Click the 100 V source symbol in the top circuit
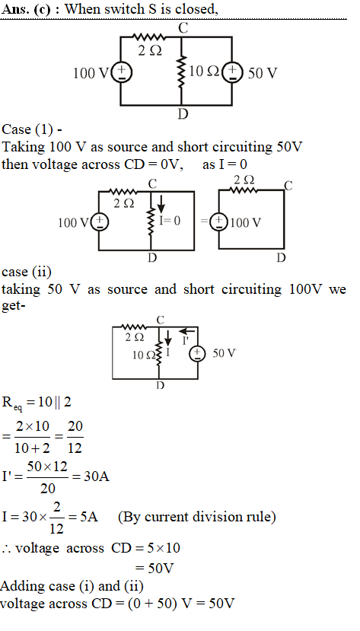tap(120, 73)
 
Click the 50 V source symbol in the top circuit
tap(232, 73)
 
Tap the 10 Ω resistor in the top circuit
tap(182, 72)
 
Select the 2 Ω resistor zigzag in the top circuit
tap(149, 37)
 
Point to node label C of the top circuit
tap(183, 28)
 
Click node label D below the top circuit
tap(183, 115)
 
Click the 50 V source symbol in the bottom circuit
tap(197, 353)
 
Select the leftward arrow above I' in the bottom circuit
tap(187, 331)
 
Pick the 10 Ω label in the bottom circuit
tap(144, 355)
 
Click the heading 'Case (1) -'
tap(32, 129)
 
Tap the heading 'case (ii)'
tap(27, 272)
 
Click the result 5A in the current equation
tap(89, 517)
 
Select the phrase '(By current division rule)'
tap(197, 517)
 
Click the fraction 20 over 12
tap(75, 437)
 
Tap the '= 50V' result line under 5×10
tap(155, 569)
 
